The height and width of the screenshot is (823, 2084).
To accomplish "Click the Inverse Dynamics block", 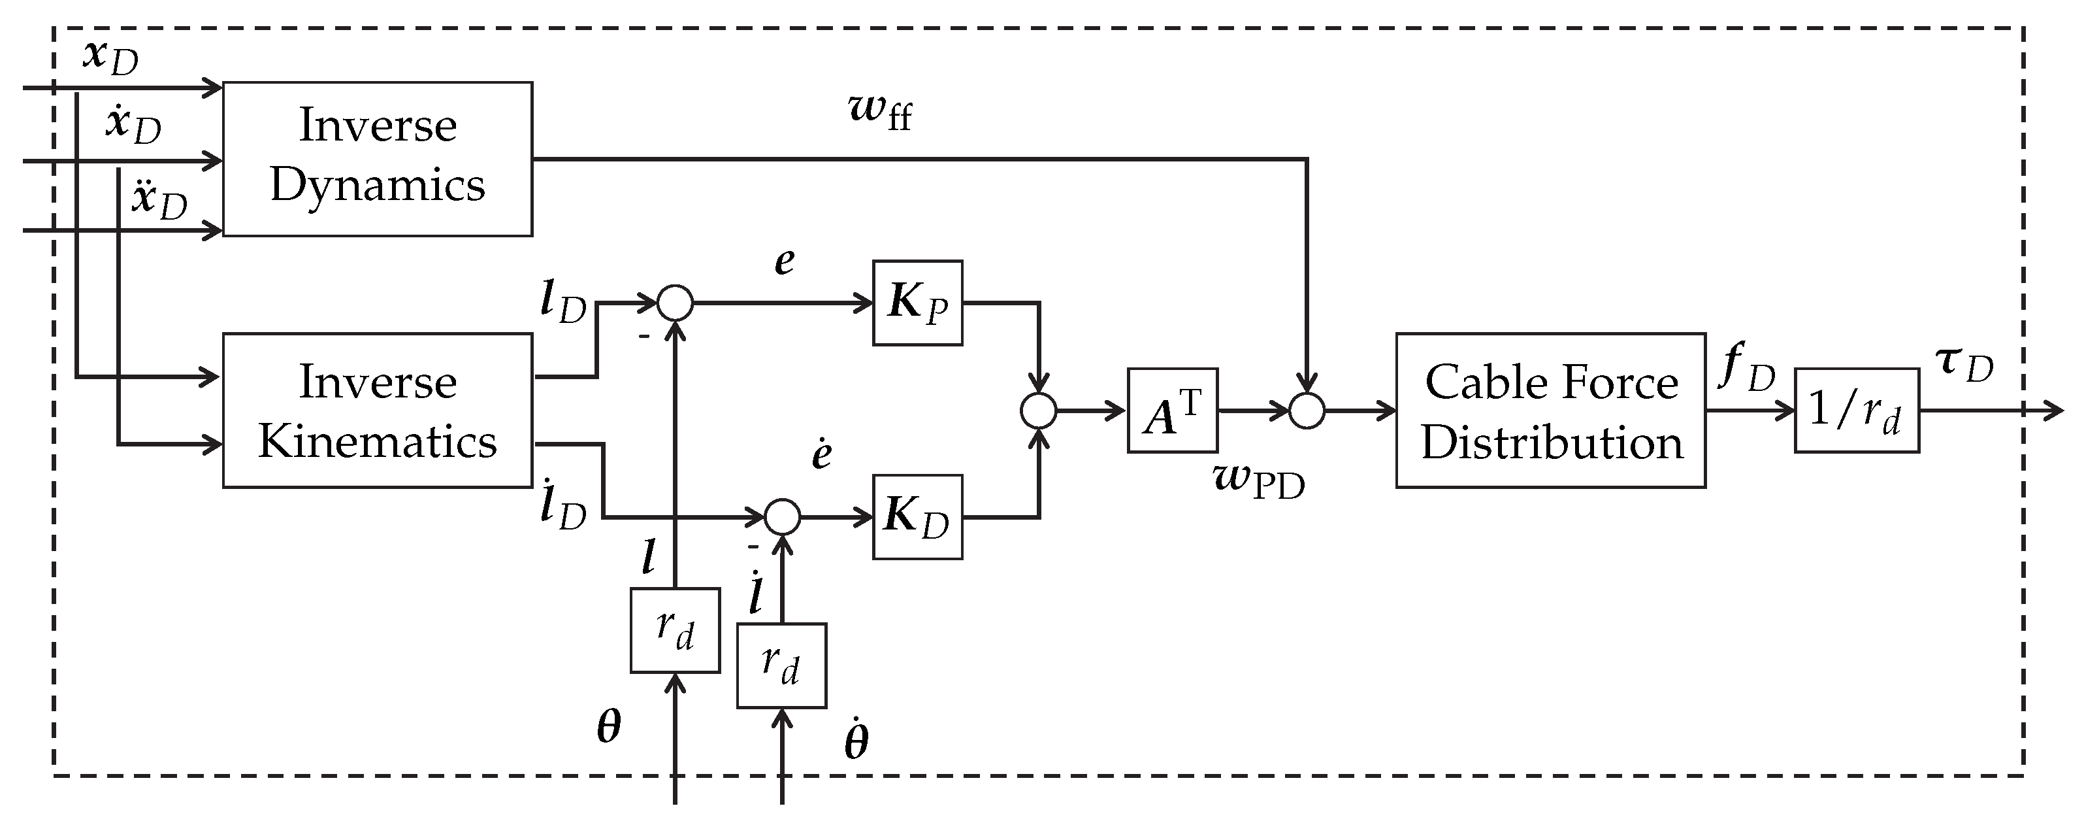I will [x=377, y=159].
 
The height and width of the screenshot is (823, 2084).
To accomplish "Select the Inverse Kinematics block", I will [x=377, y=411].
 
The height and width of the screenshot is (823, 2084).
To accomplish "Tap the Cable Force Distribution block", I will [x=1550, y=411].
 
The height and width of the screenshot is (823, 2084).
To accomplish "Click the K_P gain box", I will [x=917, y=303].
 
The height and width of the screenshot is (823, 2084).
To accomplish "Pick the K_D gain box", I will [x=917, y=516].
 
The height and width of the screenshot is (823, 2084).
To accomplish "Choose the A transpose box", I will [x=1171, y=411].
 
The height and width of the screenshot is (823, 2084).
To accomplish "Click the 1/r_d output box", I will [x=1856, y=411].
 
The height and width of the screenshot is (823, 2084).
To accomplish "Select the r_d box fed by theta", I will [x=675, y=630].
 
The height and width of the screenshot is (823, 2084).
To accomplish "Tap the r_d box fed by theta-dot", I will [x=781, y=665].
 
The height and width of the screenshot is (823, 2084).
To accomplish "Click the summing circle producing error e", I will [x=675, y=303].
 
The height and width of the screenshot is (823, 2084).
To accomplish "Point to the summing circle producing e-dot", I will [x=781, y=517].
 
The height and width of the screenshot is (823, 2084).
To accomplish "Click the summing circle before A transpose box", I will [x=1039, y=411].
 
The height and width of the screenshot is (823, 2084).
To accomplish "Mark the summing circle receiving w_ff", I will [x=1307, y=411].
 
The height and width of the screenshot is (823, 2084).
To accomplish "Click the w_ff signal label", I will [x=880, y=111].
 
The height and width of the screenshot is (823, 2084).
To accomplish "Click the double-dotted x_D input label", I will [x=159, y=199].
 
